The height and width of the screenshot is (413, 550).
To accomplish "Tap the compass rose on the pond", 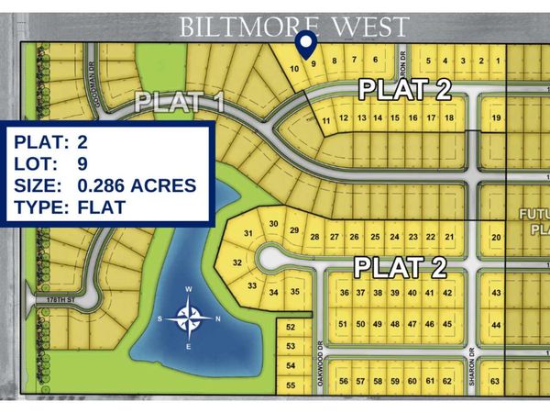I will click(189, 318).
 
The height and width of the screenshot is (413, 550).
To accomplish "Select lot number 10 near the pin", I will click(294, 69).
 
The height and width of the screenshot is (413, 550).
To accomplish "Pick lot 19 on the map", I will click(496, 117).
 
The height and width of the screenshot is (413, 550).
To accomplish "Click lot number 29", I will click(294, 229).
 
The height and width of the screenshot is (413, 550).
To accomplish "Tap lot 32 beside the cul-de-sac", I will click(236, 263).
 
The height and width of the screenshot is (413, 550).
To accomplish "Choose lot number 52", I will click(291, 328).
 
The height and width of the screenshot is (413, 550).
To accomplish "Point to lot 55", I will click(291, 385).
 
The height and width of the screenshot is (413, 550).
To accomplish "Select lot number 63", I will click(496, 381).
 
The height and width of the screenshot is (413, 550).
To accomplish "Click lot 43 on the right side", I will click(496, 293).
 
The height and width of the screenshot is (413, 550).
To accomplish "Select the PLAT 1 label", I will click(180, 101).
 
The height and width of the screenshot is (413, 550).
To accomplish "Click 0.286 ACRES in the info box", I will click(137, 185).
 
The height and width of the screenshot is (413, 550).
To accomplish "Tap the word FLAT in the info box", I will click(101, 207).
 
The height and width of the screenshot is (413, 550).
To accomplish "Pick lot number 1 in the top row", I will click(496, 61).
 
